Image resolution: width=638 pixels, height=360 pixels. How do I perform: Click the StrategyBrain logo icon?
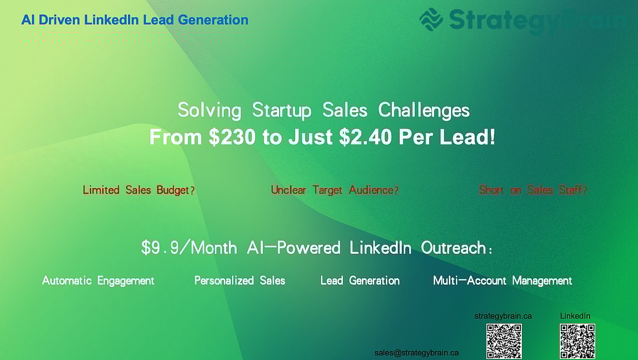click(x=431, y=20)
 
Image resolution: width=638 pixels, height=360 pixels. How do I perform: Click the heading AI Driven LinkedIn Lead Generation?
click(x=135, y=20)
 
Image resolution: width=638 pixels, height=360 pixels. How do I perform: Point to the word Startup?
click(x=282, y=110)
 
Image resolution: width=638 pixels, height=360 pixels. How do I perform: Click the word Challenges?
click(x=424, y=110)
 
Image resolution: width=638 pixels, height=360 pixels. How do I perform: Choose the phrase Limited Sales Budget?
click(x=139, y=190)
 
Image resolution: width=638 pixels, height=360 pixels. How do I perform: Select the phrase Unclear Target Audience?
click(x=334, y=190)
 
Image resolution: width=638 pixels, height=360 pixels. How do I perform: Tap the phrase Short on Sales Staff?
click(x=533, y=190)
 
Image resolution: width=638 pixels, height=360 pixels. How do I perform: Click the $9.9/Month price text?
click(x=189, y=248)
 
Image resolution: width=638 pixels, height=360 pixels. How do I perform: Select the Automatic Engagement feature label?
click(x=98, y=281)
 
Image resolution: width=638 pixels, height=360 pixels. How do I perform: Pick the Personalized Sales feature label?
click(x=240, y=281)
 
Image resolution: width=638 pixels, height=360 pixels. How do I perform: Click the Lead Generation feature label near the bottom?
click(x=360, y=281)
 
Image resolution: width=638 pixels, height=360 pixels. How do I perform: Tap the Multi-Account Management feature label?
click(x=502, y=281)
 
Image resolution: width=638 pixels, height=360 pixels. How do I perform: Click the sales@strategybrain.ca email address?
click(x=417, y=353)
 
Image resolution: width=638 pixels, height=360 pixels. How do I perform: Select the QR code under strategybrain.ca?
click(x=504, y=341)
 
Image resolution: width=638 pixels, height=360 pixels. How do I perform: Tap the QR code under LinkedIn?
click(x=577, y=341)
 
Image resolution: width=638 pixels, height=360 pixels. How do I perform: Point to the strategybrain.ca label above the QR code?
click(x=503, y=316)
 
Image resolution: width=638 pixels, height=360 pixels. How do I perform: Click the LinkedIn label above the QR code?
click(x=575, y=316)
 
